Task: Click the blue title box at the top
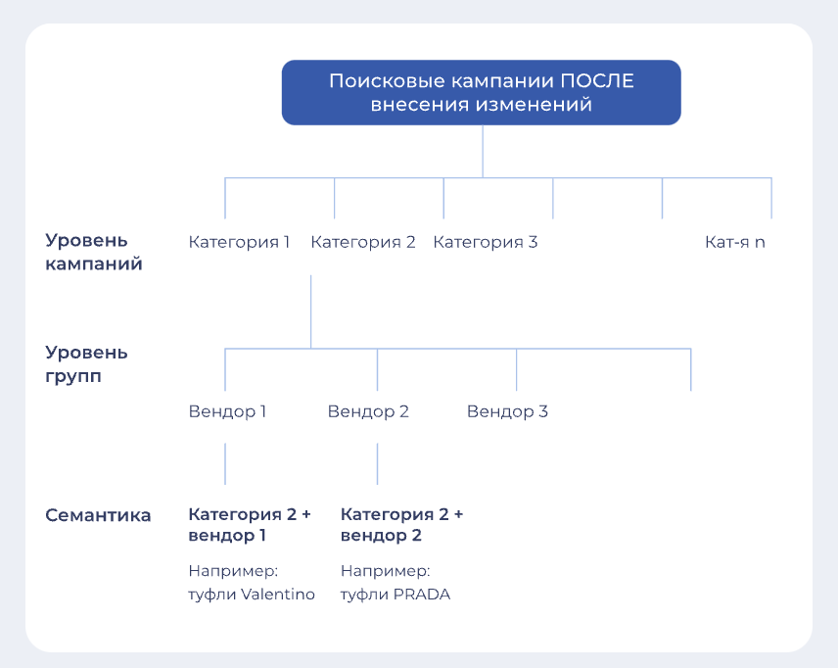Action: (x=481, y=92)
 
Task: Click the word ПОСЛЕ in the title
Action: (x=597, y=80)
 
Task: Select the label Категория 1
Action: (x=239, y=242)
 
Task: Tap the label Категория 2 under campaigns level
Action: (x=363, y=242)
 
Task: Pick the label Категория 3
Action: (x=486, y=242)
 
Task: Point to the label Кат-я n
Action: (x=735, y=242)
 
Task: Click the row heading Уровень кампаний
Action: (x=94, y=252)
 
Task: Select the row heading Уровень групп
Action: (x=86, y=364)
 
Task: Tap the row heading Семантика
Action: (x=98, y=515)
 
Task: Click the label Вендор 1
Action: (x=227, y=411)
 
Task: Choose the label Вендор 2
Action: (x=368, y=411)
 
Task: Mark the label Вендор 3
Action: (x=507, y=411)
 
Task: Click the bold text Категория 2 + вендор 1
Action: (x=250, y=525)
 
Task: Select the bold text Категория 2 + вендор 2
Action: (x=402, y=525)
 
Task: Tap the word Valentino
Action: (x=278, y=595)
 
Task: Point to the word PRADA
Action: (x=422, y=595)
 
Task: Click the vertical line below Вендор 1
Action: (x=225, y=463)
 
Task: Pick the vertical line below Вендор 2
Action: (x=377, y=463)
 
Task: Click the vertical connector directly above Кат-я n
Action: (x=771, y=198)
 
